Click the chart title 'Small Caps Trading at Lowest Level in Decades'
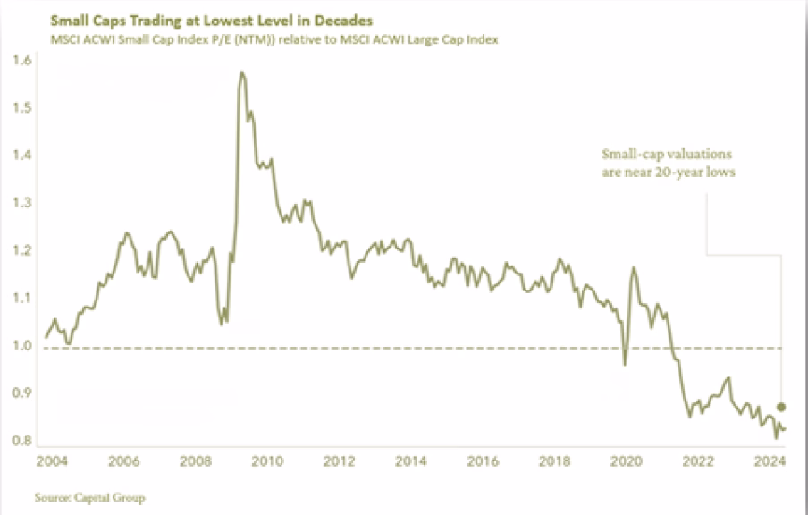point(198,18)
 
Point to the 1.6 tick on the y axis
point(22,61)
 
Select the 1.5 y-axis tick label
point(22,108)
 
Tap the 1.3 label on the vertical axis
point(22,203)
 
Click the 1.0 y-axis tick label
point(22,345)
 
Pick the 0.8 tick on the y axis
point(22,440)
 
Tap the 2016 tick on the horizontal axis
point(483,462)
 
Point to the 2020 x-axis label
point(626,462)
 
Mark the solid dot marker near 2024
point(781,407)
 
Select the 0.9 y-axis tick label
point(22,393)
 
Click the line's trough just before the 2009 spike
point(223,321)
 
